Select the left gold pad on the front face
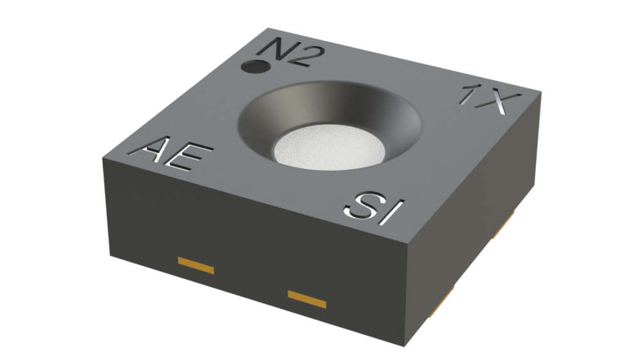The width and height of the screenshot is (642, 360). coord(196,265)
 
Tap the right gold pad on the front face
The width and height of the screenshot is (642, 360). coord(307,298)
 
